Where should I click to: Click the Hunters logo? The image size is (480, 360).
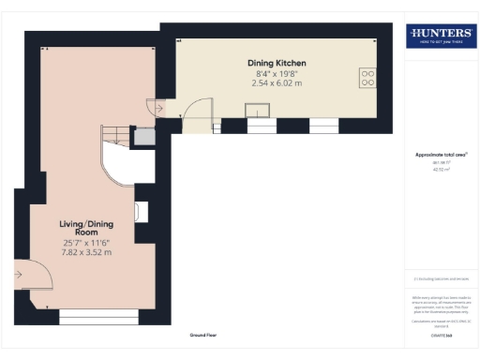click(x=441, y=37)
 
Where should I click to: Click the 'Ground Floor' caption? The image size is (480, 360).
click(x=202, y=334)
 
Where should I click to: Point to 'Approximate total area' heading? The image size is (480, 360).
click(x=441, y=155)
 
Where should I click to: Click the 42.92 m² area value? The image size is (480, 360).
click(x=441, y=170)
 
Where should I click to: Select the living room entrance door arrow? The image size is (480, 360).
click(x=19, y=275)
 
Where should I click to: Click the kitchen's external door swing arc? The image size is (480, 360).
click(x=198, y=116)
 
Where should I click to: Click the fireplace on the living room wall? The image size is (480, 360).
click(x=142, y=212)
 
